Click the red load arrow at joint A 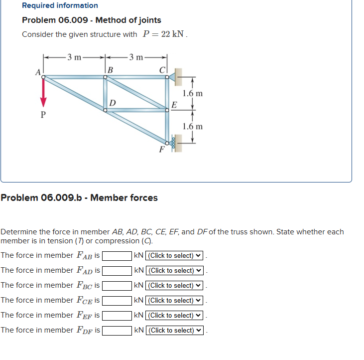[43, 93]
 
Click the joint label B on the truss [110, 69]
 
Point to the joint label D [113, 103]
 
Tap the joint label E [174, 105]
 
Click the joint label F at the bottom [161, 149]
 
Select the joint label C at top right [162, 69]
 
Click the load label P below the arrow [43, 114]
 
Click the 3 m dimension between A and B [75, 56]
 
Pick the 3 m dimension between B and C [135, 56]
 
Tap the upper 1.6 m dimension [193, 93]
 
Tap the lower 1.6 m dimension [193, 126]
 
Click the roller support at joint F [173, 144]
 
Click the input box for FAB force [117, 256]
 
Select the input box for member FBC [117, 286]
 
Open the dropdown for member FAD [174, 271]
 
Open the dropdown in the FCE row [174, 301]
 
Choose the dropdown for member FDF [174, 331]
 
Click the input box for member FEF [117, 316]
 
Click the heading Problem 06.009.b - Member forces [79, 198]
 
